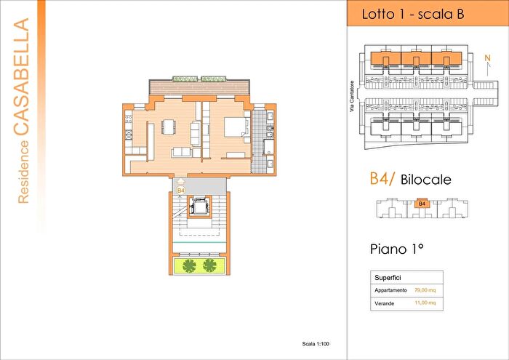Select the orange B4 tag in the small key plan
pos(421,205)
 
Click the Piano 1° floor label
pos(397,249)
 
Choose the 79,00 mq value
pos(425,289)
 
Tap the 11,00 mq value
pos(425,303)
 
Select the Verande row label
pos(385,303)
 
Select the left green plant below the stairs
pos(187,265)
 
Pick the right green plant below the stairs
pos(210,265)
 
